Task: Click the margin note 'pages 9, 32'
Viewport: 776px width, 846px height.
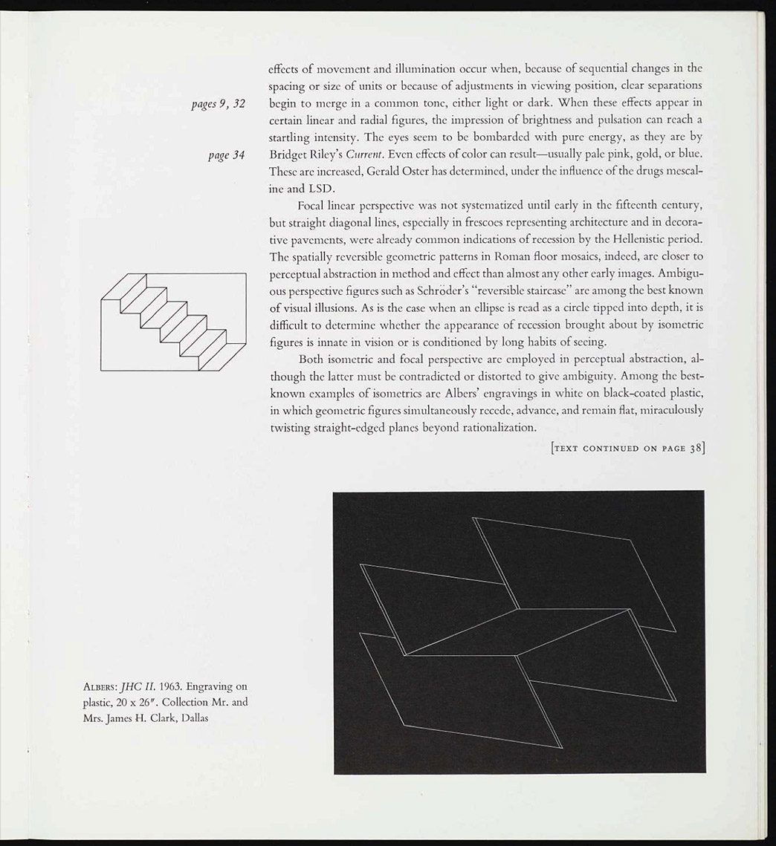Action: pos(219,103)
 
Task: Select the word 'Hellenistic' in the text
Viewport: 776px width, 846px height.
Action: pos(616,239)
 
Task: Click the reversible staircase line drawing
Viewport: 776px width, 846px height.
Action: pos(172,321)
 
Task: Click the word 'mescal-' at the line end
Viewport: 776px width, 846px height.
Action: pos(682,172)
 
